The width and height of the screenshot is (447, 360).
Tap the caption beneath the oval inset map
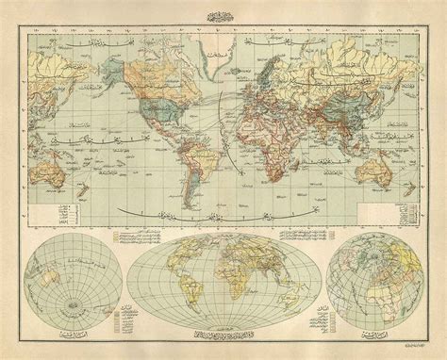[x=223, y=335]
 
